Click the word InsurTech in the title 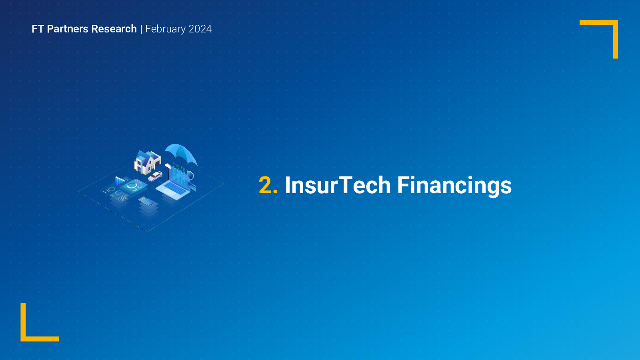point(338,185)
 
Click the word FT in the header point(38,29)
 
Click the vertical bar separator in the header point(141,29)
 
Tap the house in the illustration point(148,162)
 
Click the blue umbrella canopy point(181,154)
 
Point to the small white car point(155,176)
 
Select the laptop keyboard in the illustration point(174,188)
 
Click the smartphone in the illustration point(146,202)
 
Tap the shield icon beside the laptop point(190,174)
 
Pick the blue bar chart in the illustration point(120,181)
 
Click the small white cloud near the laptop point(168,166)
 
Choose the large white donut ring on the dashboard point(132,186)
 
